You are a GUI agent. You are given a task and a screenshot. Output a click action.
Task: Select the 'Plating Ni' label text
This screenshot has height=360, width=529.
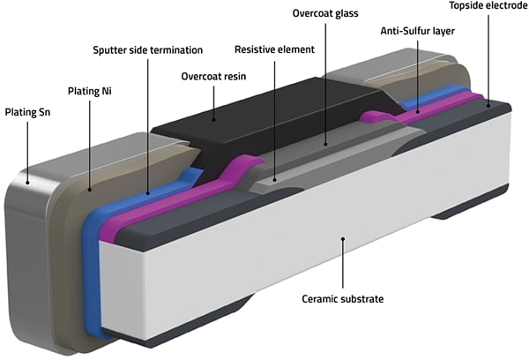tap(94, 90)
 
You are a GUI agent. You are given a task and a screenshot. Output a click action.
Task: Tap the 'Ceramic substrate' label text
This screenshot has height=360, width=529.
tap(344, 299)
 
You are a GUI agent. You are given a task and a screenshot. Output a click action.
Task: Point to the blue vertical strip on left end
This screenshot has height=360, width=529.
tap(93, 256)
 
